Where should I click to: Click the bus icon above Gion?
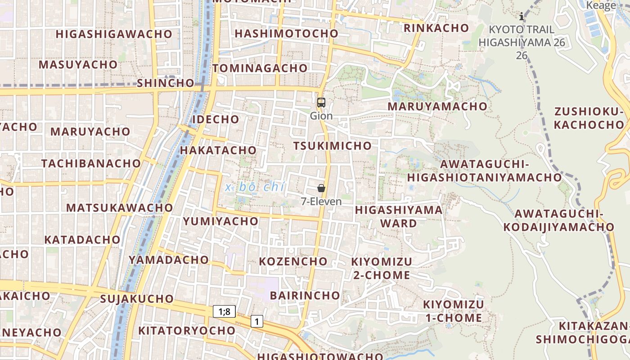coord(321,103)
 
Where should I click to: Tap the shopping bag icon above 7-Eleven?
coord(321,188)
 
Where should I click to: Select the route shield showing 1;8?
coord(224,311)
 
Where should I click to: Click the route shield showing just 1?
coord(256,321)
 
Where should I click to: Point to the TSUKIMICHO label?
coord(333,146)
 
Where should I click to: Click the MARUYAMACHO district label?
coord(437,107)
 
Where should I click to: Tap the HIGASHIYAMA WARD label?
coord(399,216)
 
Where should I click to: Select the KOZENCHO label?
coord(293,261)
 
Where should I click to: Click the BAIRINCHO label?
coord(305,296)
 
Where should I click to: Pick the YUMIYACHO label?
coord(220,221)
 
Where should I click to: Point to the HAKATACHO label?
coord(218,150)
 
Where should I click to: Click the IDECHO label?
coord(216,119)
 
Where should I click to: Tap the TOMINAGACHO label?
coord(260,68)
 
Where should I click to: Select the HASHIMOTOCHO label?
coord(286,34)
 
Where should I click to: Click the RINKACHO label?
coord(436,28)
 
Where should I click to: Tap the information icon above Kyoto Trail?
coord(522,17)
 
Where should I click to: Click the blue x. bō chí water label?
coord(255,187)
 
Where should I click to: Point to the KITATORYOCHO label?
coord(187,331)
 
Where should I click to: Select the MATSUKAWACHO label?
coord(120,208)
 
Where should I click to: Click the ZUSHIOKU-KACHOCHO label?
coord(589,118)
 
